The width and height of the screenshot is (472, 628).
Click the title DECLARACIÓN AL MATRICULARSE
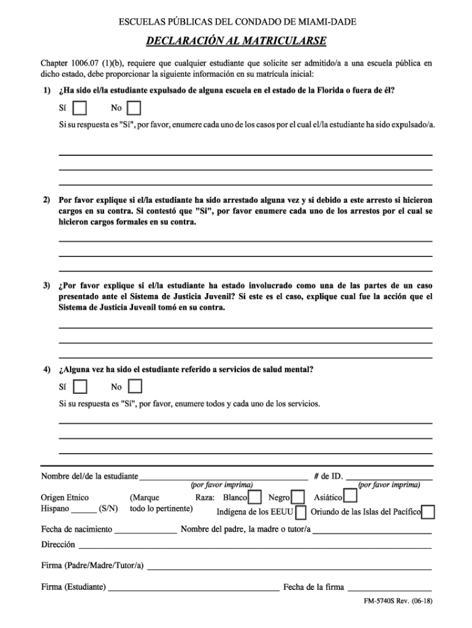(x=236, y=42)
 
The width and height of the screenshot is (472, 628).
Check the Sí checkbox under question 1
(x=80, y=109)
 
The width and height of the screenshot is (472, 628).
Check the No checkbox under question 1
(x=134, y=109)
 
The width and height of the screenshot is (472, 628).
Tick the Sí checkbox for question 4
(x=80, y=387)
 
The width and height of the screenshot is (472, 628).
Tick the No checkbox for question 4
(x=135, y=386)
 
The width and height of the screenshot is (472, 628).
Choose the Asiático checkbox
(x=351, y=496)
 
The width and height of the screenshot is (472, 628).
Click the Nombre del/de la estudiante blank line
(x=223, y=477)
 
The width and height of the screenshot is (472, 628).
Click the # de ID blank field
(x=390, y=477)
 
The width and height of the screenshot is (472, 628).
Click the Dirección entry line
(x=254, y=545)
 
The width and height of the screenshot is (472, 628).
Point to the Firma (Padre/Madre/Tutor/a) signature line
(x=289, y=566)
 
